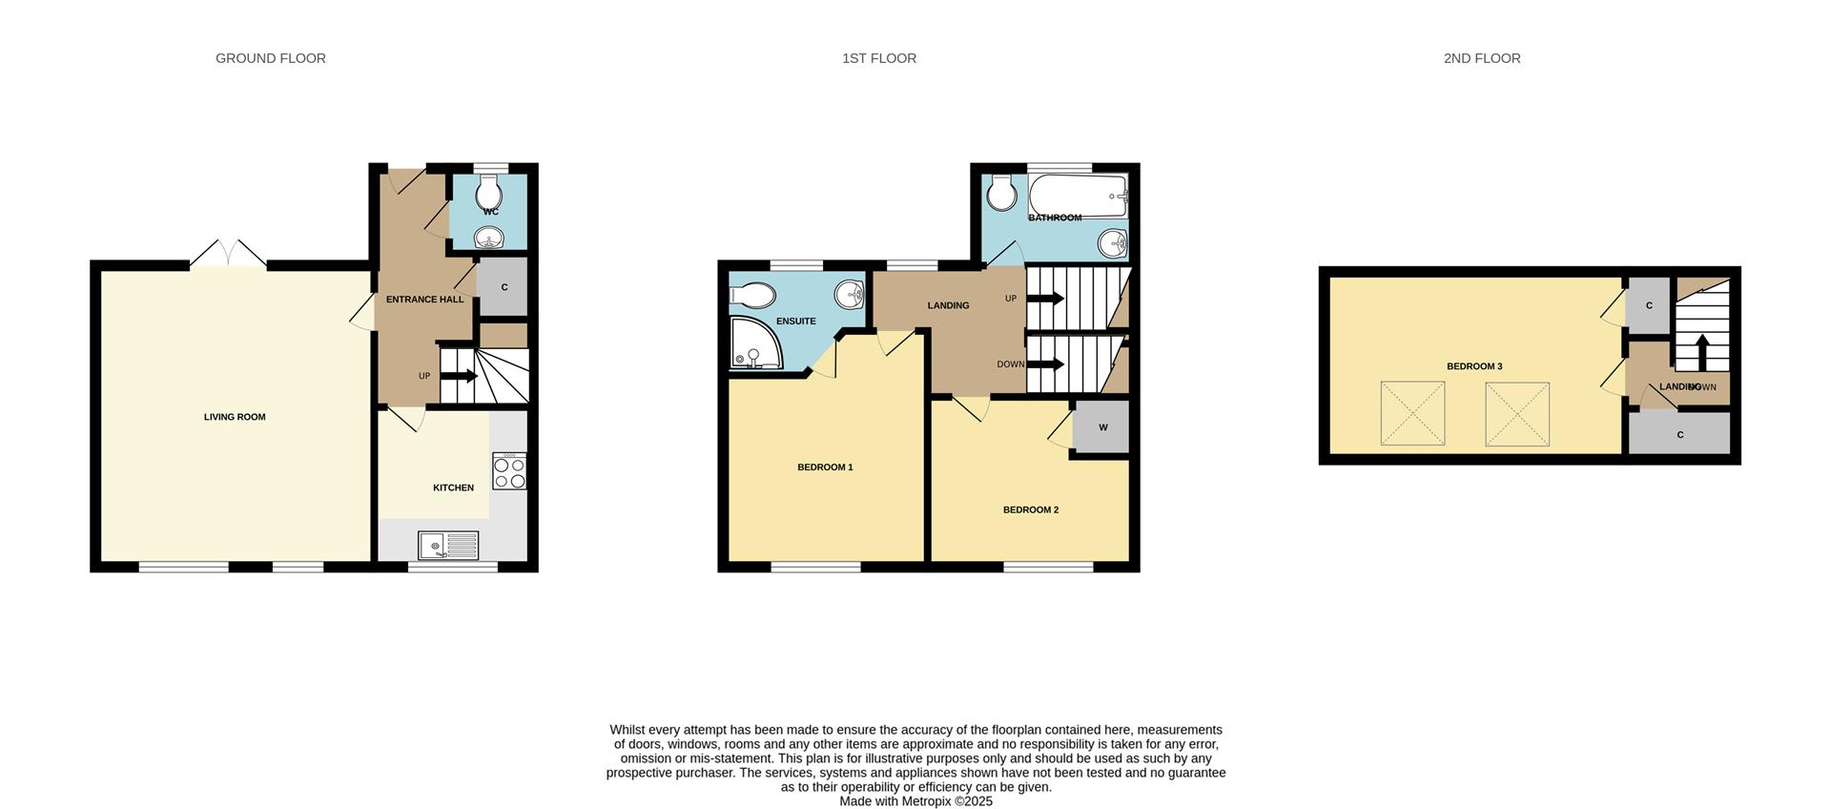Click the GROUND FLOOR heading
pyautogui.click(x=271, y=58)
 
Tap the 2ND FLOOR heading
pyautogui.click(x=1481, y=58)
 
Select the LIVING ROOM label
pyautogui.click(x=235, y=417)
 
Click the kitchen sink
pyautogui.click(x=448, y=546)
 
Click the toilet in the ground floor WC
pyautogui.click(x=490, y=189)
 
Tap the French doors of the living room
pyautogui.click(x=227, y=254)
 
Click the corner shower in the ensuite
pyautogui.click(x=754, y=343)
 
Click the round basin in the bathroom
pyautogui.click(x=1112, y=244)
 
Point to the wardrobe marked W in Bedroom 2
pyautogui.click(x=1102, y=427)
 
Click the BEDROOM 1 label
pyautogui.click(x=825, y=467)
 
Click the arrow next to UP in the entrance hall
pyautogui.click(x=459, y=376)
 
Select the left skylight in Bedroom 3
pyautogui.click(x=1412, y=414)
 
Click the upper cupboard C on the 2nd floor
pyautogui.click(x=1649, y=305)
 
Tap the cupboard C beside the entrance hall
pyautogui.click(x=504, y=287)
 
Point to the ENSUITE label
pyautogui.click(x=795, y=322)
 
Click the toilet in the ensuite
pyautogui.click(x=753, y=296)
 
